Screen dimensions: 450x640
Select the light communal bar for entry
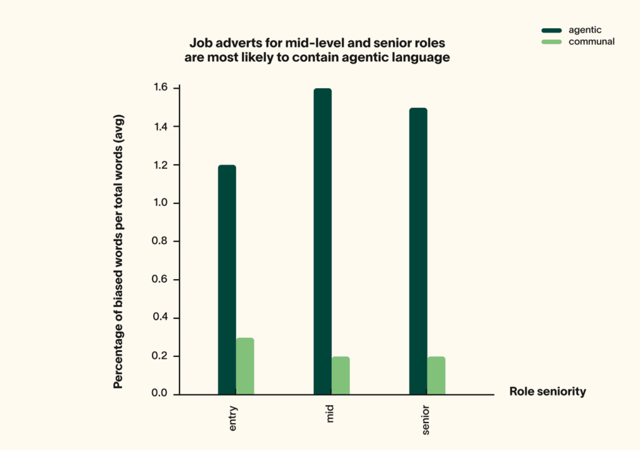245,366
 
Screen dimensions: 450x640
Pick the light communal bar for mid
341,375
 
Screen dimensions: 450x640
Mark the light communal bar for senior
436,375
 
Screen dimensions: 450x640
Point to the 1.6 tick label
161,88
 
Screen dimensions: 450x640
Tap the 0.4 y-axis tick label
161,318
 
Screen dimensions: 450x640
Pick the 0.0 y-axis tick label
161,394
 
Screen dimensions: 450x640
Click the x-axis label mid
329,416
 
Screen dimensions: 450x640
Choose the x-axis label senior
425,421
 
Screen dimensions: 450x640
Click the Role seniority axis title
547,392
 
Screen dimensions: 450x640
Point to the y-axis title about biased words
118,252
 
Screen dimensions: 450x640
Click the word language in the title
422,59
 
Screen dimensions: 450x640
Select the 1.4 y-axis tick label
161,127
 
